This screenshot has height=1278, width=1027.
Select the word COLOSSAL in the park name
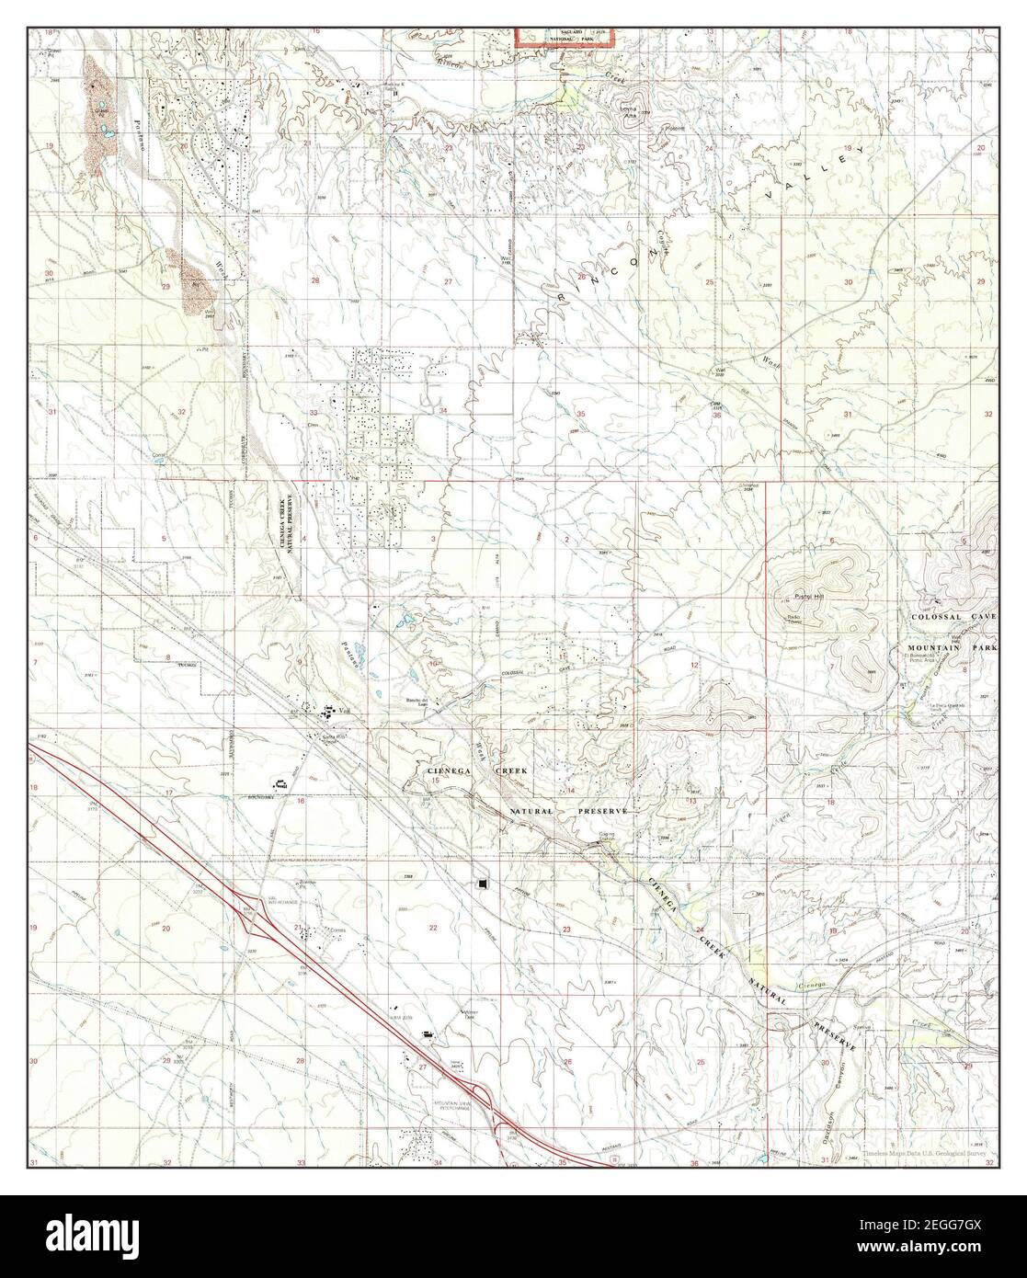coord(936,616)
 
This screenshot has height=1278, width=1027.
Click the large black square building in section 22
coord(484,883)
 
